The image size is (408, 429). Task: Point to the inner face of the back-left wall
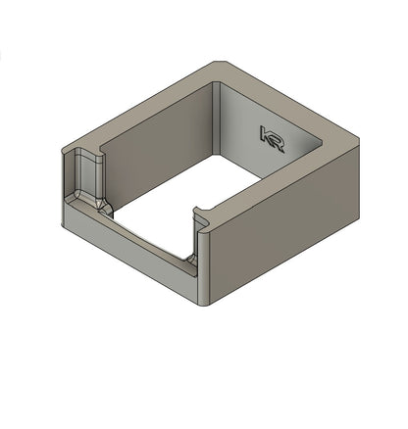157,147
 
